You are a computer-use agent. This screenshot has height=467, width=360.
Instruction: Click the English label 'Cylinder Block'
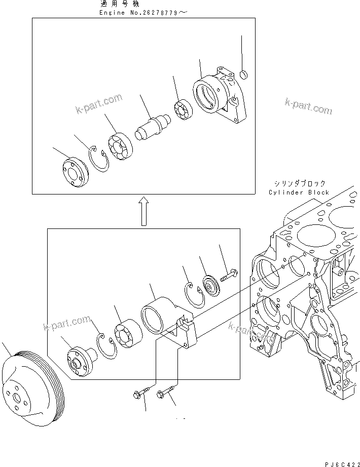pyautogui.click(x=299, y=192)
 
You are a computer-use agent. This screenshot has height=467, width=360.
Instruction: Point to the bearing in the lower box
pyautogui.click(x=127, y=335)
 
